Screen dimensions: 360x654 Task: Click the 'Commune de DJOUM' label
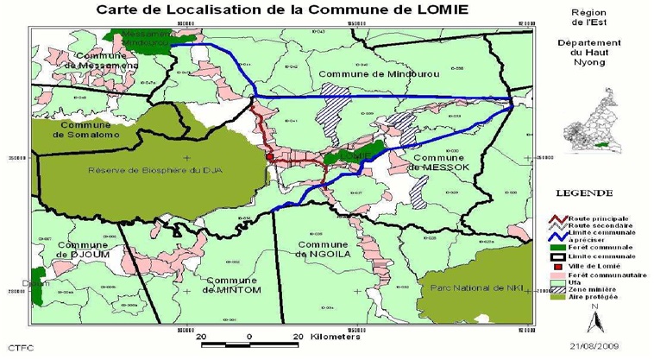[x=81, y=249]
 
